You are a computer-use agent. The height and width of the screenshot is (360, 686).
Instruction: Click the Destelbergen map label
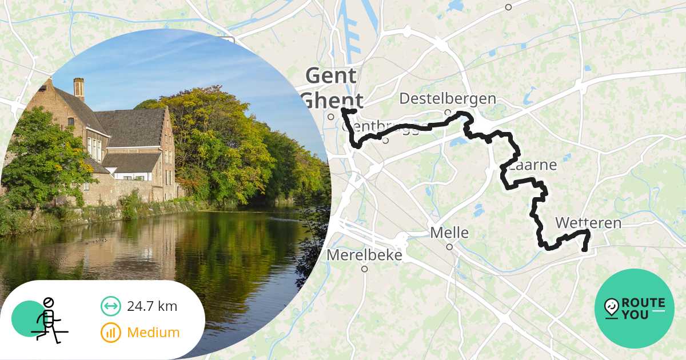447,98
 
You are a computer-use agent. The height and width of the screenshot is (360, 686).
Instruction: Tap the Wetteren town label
588,222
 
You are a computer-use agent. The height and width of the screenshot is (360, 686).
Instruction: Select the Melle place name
449,233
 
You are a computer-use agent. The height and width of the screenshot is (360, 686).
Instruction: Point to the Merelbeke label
364,255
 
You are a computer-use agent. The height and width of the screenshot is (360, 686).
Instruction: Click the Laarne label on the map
532,166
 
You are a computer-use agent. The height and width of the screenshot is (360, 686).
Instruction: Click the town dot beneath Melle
449,247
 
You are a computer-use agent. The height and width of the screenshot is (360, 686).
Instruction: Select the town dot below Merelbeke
364,269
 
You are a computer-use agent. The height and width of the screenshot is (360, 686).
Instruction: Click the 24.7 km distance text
152,306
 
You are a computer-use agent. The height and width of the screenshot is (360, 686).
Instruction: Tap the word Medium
153,333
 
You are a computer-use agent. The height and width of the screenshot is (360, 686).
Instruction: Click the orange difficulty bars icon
110,333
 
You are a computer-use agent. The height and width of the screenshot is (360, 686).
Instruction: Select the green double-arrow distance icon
110,306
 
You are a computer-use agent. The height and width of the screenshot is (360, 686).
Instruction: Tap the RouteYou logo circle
634,309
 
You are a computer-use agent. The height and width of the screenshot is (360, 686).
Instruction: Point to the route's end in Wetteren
584,250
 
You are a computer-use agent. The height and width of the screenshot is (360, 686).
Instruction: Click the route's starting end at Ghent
354,110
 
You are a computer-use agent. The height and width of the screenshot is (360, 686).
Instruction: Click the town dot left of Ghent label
331,117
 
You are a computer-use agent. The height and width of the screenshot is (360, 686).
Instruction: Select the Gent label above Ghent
331,75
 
